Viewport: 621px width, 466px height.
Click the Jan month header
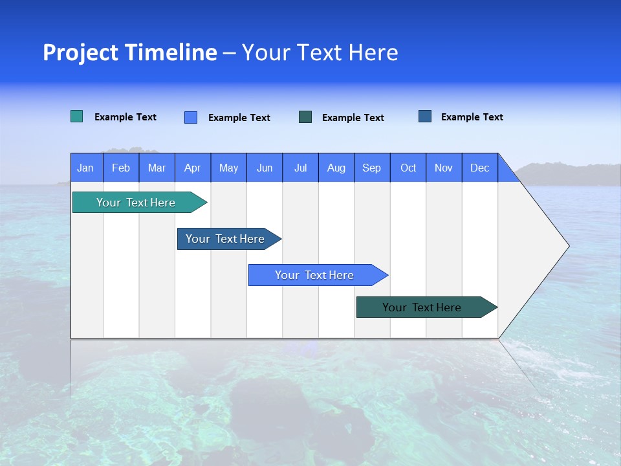click(85, 168)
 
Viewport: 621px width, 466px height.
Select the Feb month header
click(121, 168)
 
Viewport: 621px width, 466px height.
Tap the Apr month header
click(192, 168)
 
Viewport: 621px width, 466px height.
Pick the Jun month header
click(265, 168)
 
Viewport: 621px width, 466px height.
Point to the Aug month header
click(336, 168)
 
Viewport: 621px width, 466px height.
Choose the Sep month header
click(371, 168)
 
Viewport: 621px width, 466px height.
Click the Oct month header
click(408, 168)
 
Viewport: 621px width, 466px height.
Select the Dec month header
click(479, 168)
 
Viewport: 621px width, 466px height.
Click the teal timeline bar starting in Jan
click(136, 203)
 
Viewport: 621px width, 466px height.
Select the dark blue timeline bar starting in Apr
click(225, 239)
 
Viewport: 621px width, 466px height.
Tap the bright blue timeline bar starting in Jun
click(314, 275)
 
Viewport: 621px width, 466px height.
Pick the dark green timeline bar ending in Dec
click(422, 307)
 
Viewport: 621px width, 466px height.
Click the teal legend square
click(77, 116)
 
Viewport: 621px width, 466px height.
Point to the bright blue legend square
click(191, 117)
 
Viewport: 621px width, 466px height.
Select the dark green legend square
click(305, 117)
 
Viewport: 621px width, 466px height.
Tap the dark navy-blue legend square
click(425, 116)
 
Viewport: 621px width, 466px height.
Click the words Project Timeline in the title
click(130, 52)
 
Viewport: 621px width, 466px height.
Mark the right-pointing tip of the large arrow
click(567, 246)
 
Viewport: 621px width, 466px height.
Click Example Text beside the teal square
click(125, 117)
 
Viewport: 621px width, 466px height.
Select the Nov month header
click(444, 168)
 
